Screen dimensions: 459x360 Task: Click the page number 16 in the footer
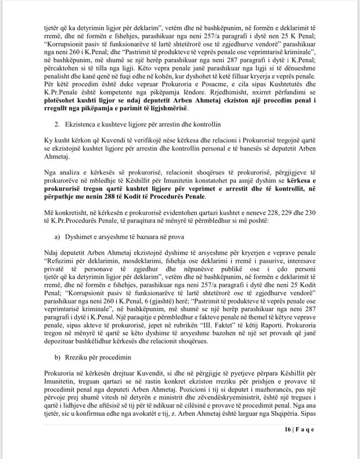click(287, 429)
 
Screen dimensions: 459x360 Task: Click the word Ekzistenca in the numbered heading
click(81, 123)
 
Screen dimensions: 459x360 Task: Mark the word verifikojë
click(120, 139)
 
